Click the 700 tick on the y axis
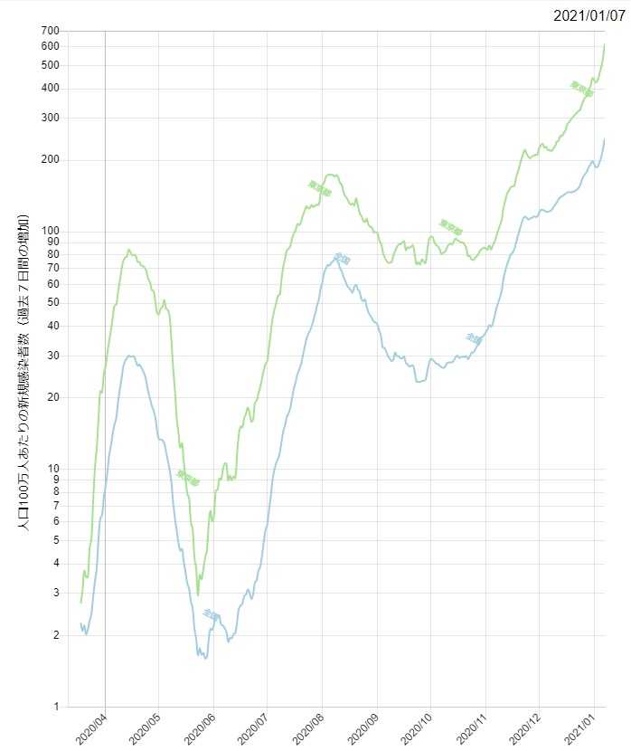coord(50,31)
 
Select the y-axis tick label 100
coord(50,231)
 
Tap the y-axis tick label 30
coord(52,356)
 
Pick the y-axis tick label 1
coord(55,707)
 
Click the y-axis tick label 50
coord(52,302)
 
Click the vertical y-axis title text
coord(24,371)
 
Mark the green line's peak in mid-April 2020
coord(128,250)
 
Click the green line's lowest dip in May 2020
coord(198,595)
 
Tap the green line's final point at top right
coord(604,44)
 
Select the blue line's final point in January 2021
coord(604,139)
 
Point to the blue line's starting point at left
coord(80,624)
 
